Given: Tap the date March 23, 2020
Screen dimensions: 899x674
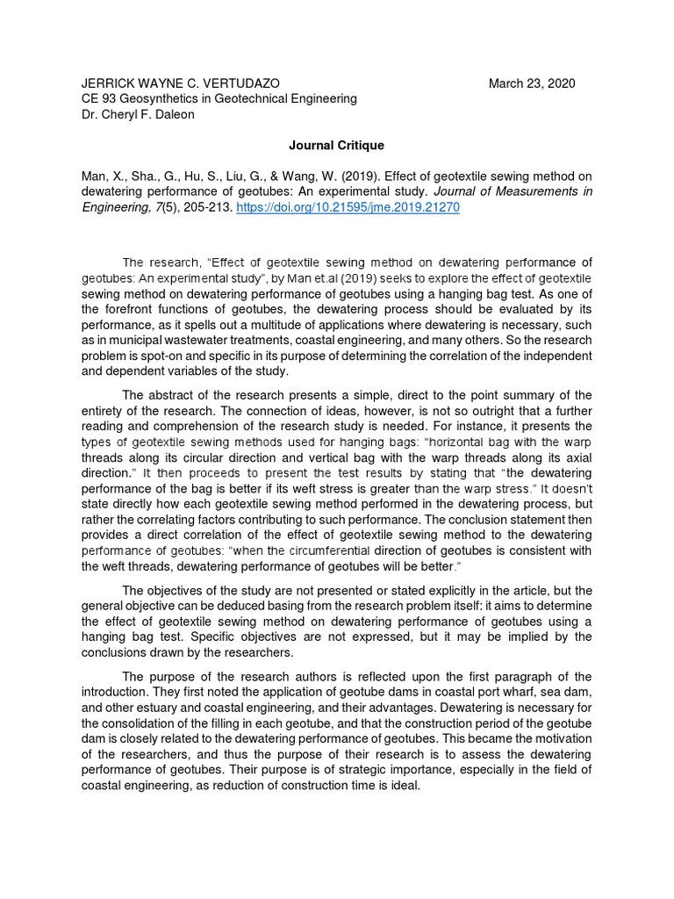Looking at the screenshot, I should [532, 83].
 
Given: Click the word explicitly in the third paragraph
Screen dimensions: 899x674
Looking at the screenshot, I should [459, 589].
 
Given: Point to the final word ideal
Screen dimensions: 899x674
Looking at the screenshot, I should [405, 786].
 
